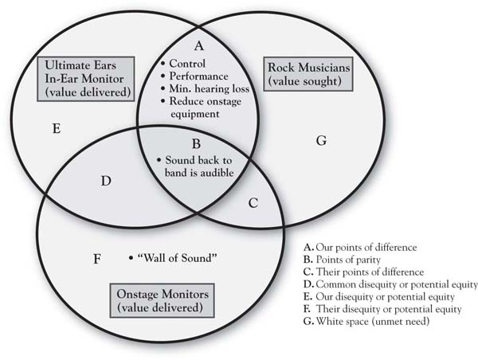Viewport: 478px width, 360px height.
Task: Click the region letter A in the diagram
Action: pos(198,45)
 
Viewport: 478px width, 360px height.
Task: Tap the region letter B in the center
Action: pos(196,143)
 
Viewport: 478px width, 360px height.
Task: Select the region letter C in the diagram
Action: pos(253,203)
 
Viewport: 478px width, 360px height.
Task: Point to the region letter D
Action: pos(106,181)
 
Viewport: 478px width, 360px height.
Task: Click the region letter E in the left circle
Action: pos(57,129)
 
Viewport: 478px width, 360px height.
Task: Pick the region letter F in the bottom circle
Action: pos(96,259)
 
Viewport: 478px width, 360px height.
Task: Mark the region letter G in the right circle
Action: pos(321,140)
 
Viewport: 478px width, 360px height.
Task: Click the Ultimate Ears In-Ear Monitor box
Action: pos(86,79)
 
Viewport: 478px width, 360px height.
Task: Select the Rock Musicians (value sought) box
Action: pos(308,74)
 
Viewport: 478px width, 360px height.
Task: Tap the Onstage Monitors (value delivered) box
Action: pos(163,300)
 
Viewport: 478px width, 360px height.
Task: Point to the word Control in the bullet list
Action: pos(187,64)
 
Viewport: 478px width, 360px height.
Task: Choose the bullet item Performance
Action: pos(198,76)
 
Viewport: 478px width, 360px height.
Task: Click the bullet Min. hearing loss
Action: pos(209,88)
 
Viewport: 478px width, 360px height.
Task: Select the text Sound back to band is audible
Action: pos(198,166)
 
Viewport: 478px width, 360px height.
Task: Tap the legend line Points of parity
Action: pos(342,260)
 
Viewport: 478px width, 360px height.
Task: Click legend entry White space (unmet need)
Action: pos(366,321)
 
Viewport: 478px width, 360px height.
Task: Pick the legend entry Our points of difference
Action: pos(360,247)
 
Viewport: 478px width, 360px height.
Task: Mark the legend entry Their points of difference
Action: pos(364,272)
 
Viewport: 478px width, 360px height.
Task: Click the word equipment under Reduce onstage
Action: pos(195,115)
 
